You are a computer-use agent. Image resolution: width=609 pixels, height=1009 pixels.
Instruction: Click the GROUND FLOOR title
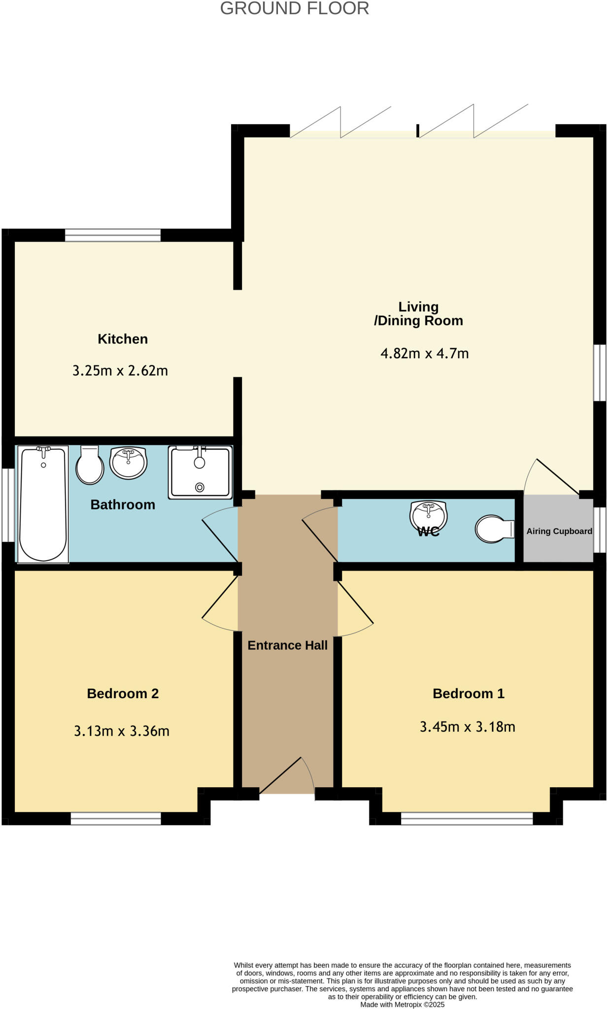tap(294, 8)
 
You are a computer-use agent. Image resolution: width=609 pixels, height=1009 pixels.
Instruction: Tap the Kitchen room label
tap(123, 339)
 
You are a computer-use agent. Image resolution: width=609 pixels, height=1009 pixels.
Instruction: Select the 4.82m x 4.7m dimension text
tap(424, 353)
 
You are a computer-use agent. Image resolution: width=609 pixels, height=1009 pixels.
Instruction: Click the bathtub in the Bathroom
tap(43, 504)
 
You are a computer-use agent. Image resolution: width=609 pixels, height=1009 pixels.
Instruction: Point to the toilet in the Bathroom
tap(89, 466)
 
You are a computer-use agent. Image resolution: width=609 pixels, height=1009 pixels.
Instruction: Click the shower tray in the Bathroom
tap(200, 472)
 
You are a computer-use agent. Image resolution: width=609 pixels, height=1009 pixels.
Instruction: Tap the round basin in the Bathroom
tap(128, 462)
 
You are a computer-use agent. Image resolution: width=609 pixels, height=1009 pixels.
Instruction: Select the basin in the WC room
tap(428, 515)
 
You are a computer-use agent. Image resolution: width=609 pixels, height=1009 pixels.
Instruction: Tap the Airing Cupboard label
tap(559, 531)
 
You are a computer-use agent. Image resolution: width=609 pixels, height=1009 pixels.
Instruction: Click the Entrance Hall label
tap(287, 645)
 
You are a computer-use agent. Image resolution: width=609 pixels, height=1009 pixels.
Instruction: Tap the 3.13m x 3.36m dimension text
tap(122, 731)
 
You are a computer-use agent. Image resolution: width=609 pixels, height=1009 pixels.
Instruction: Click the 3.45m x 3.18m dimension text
tap(467, 727)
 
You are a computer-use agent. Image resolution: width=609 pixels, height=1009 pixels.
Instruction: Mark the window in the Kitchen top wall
tap(113, 235)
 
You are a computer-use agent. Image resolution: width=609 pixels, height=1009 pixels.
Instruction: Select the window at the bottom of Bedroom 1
tap(467, 818)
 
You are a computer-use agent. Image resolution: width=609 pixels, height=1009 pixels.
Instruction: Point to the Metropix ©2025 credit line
tap(402, 1005)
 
